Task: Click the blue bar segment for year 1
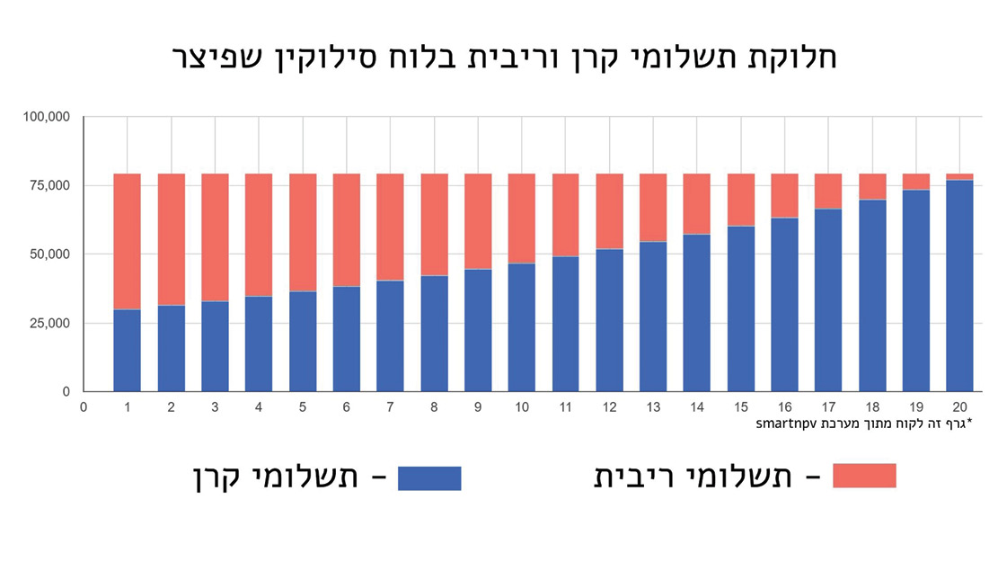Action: point(127,351)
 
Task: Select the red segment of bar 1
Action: point(127,241)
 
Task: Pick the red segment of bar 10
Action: point(522,219)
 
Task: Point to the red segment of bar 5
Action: point(303,232)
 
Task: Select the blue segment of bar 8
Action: point(434,334)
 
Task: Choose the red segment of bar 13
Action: point(654,208)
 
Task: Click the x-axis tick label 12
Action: point(610,407)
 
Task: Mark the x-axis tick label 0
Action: point(84,407)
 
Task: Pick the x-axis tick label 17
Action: point(829,407)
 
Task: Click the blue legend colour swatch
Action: point(429,477)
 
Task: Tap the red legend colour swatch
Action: point(864,476)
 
